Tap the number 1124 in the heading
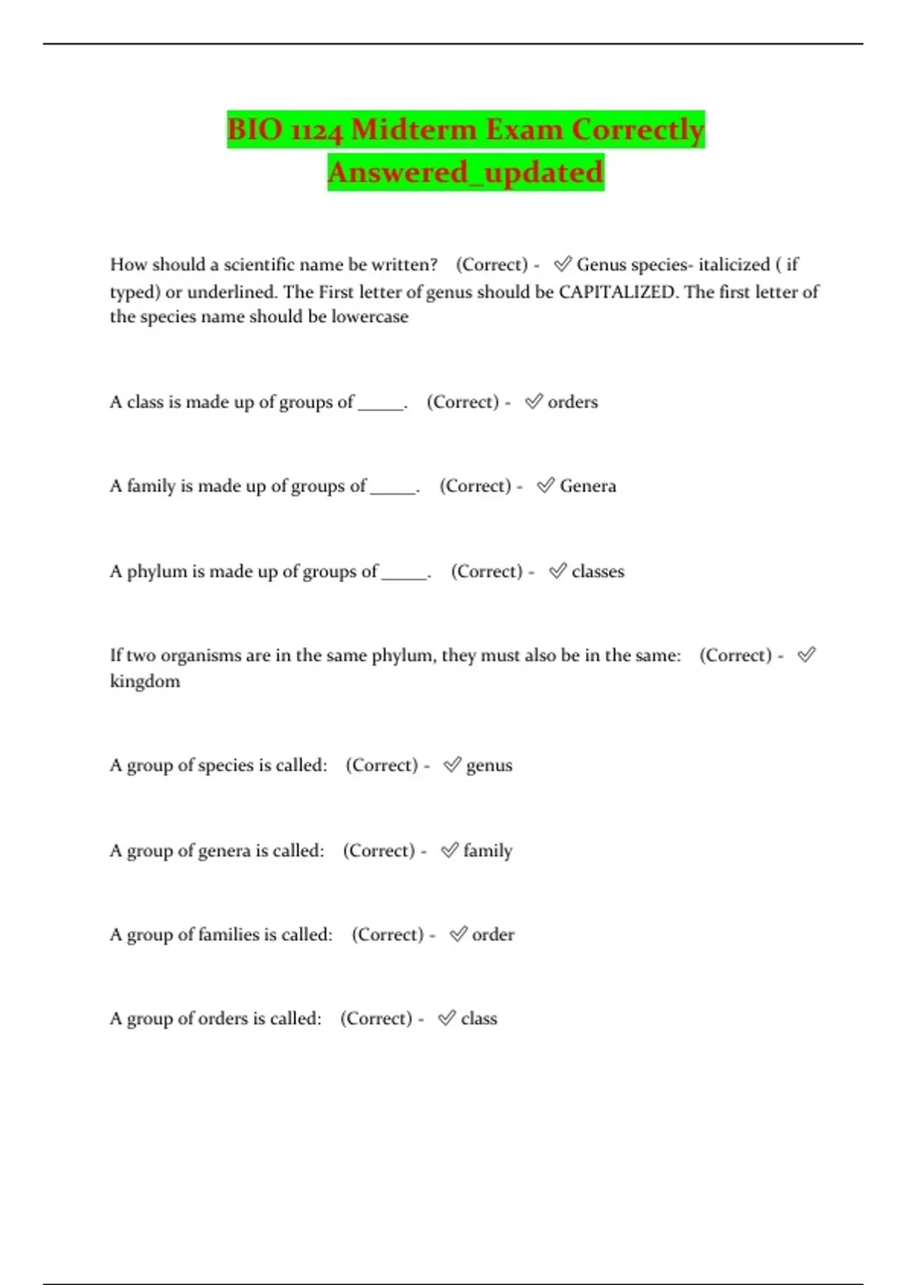[x=317, y=131]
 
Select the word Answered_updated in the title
[x=466, y=172]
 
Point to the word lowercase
[x=370, y=317]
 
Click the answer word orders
[x=572, y=402]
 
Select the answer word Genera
[x=587, y=486]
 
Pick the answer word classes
[x=598, y=571]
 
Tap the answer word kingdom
[x=145, y=681]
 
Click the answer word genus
[x=489, y=766]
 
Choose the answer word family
[x=488, y=851]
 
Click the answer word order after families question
[x=493, y=935]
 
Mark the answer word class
[x=479, y=1019]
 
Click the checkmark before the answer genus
[x=452, y=765]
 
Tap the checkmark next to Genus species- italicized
[x=562, y=264]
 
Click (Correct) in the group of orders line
[x=376, y=1019]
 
